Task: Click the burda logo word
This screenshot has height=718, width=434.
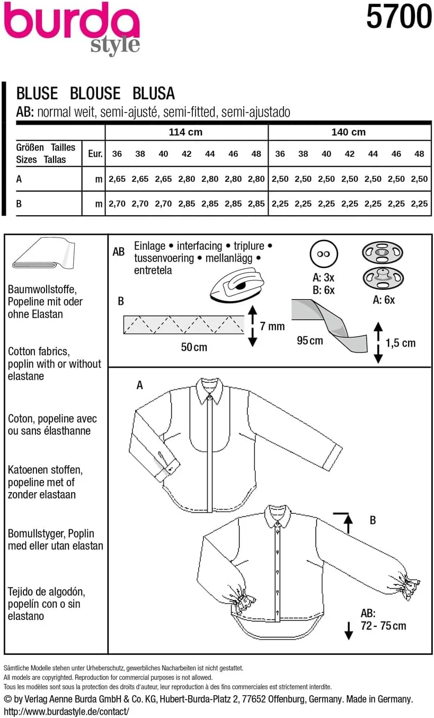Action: pos(72,24)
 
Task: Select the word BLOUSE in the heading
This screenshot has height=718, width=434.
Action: pos(95,93)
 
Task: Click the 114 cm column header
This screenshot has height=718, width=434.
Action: pos(185,132)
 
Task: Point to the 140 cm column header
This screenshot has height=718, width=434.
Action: pos(348,132)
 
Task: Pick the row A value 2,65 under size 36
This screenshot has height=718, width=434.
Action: pos(117,179)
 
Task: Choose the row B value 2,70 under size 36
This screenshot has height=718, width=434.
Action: pos(117,204)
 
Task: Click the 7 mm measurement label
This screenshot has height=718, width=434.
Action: pos(272,326)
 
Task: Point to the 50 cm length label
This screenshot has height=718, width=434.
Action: pos(193,347)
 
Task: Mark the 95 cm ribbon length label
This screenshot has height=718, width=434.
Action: pos(309,340)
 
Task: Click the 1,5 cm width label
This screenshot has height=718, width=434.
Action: pos(401,343)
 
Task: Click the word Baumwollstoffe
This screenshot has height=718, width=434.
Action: pos(43,290)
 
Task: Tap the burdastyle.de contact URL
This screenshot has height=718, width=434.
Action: pos(66,711)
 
